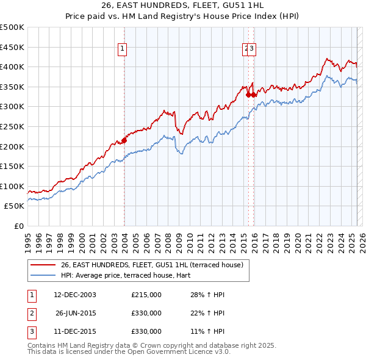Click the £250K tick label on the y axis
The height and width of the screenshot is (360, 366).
(x=12, y=126)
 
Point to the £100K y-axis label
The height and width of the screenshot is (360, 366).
(x=12, y=186)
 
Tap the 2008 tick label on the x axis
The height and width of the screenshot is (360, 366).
(x=167, y=239)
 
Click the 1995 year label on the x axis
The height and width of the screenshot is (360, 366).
(x=27, y=239)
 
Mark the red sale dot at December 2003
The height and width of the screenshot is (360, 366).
(x=124, y=140)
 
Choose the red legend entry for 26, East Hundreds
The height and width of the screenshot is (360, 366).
(x=152, y=265)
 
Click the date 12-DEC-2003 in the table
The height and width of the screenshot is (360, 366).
(x=75, y=295)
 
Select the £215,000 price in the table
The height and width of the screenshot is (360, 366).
(x=146, y=295)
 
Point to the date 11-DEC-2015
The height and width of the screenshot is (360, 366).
(x=75, y=332)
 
